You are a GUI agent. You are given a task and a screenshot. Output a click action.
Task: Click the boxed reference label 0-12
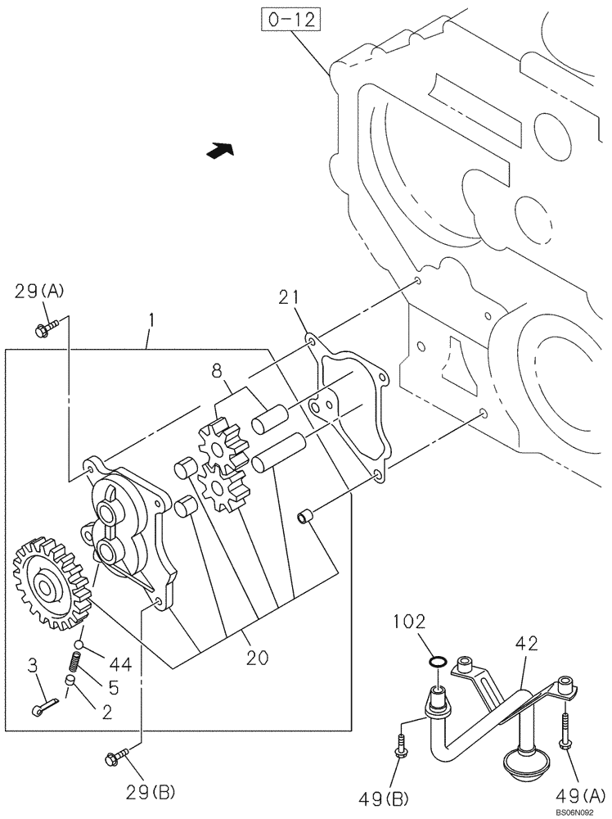(290, 20)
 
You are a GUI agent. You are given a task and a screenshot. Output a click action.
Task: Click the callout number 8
(218, 373)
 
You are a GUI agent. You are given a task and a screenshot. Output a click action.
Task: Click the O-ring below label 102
(438, 662)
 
